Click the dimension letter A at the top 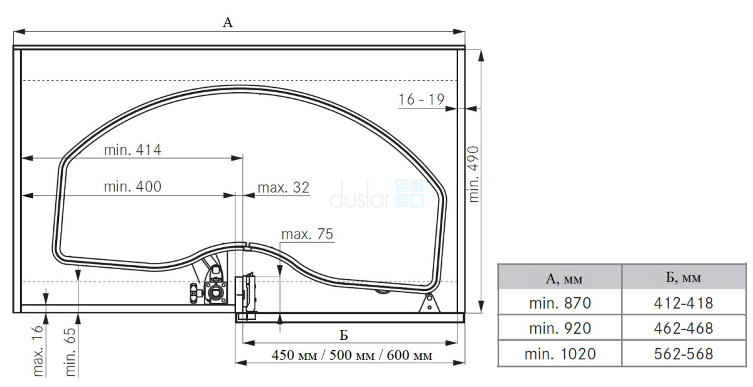pos(228,23)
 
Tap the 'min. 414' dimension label pos(132,150)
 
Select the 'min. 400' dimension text pos(132,186)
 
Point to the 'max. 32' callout pos(283,188)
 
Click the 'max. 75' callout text pos(307,234)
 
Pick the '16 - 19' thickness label pos(422,100)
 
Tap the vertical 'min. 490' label pos(473,174)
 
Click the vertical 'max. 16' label pos(38,351)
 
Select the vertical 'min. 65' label pos(70,352)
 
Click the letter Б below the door pos(343,336)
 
